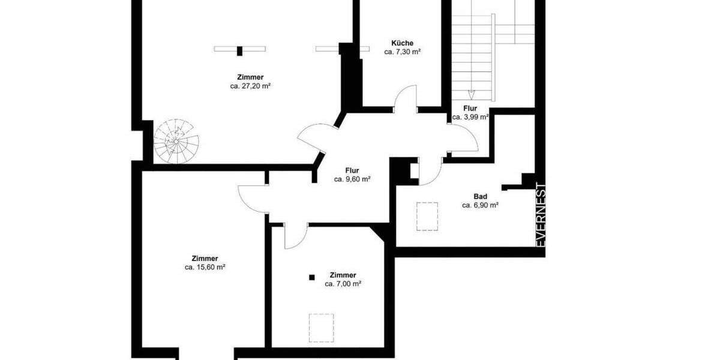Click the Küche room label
(401, 43)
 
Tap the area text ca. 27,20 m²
(250, 86)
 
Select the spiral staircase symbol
(176, 142)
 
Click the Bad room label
(480, 196)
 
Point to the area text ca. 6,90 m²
(480, 205)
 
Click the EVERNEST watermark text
(540, 214)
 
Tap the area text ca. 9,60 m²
(352, 179)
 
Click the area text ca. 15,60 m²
(205, 268)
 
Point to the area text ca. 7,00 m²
(343, 284)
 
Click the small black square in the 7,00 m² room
(311, 277)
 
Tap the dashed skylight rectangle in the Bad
(427, 216)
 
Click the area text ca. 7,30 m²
(401, 52)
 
